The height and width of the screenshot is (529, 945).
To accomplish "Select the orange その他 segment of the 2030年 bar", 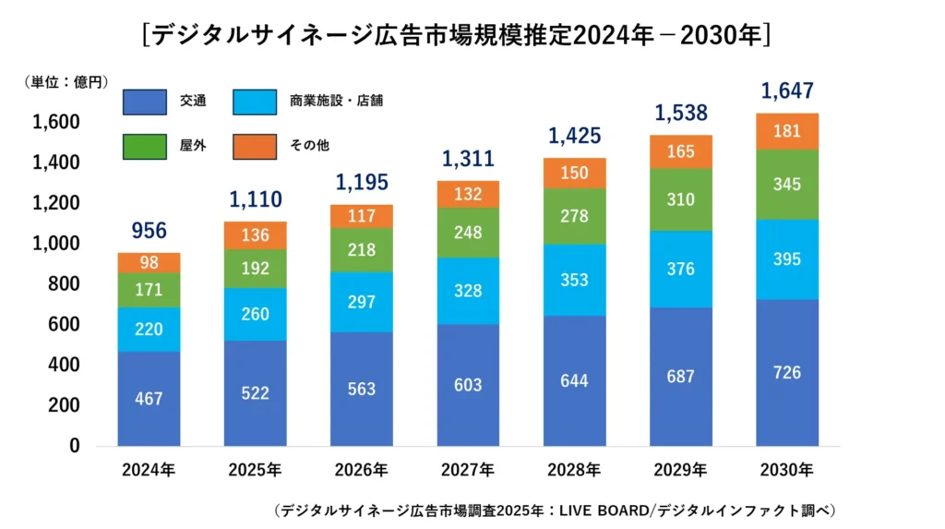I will (x=787, y=131).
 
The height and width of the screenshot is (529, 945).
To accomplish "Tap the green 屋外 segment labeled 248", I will (x=468, y=233).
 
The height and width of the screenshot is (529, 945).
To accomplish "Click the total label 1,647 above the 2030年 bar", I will (x=787, y=91).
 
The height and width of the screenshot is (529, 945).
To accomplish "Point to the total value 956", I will (x=149, y=231).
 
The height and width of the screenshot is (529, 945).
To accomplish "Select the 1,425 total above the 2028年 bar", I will (x=575, y=137).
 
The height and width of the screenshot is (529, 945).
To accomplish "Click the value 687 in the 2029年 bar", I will (x=681, y=377).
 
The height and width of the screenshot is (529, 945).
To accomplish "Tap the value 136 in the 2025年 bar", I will (x=256, y=235).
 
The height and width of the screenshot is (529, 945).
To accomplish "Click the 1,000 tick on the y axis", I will (x=56, y=244).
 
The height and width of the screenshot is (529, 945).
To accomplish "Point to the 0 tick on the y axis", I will (x=75, y=446).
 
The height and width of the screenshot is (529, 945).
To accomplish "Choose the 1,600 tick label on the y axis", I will (x=56, y=123).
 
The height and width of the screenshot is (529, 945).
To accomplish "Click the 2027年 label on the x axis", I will (x=468, y=471).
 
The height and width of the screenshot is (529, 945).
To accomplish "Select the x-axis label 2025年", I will (x=256, y=471).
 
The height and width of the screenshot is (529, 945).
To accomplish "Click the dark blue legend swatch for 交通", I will (x=144, y=102).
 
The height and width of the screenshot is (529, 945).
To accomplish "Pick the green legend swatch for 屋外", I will (x=144, y=146).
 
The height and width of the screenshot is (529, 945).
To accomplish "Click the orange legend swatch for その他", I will (x=255, y=146).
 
